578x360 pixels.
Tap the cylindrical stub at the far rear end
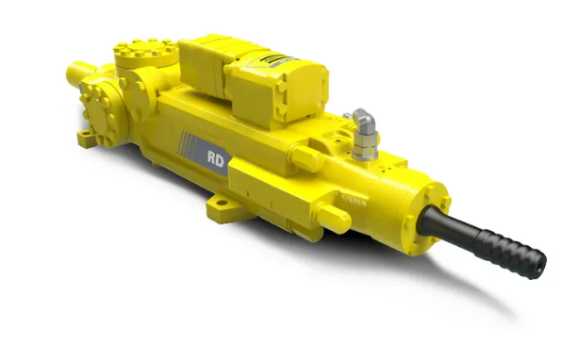(78, 74)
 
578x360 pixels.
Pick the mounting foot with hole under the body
(223, 202)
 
